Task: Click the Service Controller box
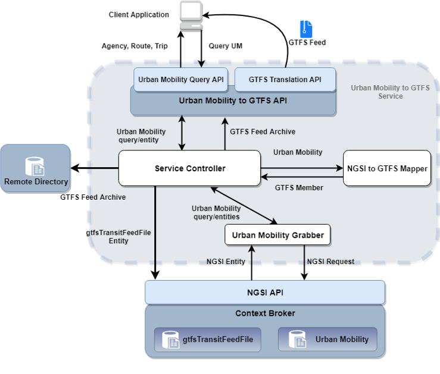tap(189, 168)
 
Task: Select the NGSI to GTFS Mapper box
tap(387, 168)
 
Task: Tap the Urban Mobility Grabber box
tap(277, 235)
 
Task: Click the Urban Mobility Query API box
tap(180, 80)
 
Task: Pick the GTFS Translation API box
tap(285, 80)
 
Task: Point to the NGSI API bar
tap(265, 292)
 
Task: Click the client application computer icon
tap(191, 15)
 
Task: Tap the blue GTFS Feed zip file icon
tap(306, 29)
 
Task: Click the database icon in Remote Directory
tap(35, 166)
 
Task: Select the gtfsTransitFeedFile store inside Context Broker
tap(207, 340)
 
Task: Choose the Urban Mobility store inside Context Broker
tap(327, 340)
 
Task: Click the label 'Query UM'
tap(225, 46)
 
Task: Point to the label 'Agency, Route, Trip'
tap(135, 46)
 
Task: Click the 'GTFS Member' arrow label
tap(299, 188)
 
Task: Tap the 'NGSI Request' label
tap(330, 262)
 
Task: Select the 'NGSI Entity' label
tap(226, 262)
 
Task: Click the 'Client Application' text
tap(139, 15)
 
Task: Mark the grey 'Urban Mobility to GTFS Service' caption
tap(390, 92)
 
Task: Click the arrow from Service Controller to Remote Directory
tap(94, 168)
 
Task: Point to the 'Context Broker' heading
tap(265, 313)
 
